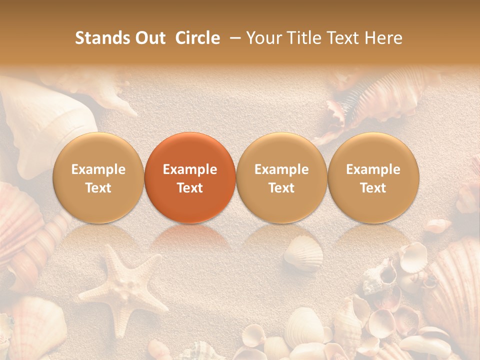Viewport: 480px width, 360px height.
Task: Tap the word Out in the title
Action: (148, 38)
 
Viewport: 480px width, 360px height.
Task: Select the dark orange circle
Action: (190, 178)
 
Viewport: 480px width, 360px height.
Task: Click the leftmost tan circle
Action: (98, 178)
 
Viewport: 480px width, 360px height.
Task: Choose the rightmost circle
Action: (373, 178)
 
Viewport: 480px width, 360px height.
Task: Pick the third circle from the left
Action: (281, 178)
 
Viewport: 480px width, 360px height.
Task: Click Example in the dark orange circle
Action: (190, 169)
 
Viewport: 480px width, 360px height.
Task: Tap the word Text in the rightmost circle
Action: (373, 188)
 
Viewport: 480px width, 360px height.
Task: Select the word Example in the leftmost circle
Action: (98, 169)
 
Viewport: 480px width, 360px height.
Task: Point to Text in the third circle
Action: (281, 188)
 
